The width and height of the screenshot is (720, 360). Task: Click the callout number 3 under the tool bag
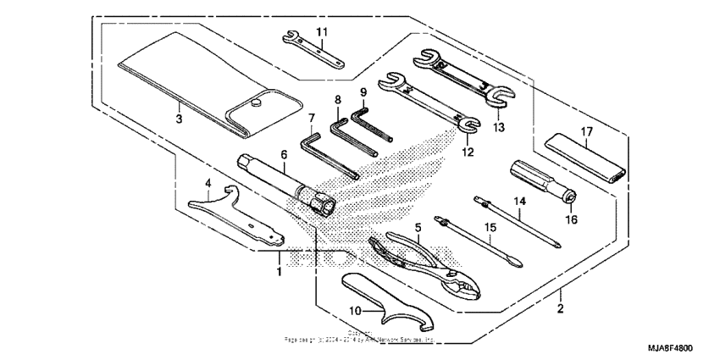click(179, 119)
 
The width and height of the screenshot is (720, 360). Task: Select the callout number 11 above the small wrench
click(321, 31)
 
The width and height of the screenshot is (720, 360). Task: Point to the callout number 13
click(498, 128)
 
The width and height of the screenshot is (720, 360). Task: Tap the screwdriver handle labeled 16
click(543, 181)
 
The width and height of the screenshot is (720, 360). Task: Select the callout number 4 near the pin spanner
click(208, 181)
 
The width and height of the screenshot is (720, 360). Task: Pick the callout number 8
click(337, 100)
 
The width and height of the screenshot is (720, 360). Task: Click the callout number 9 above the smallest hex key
click(363, 91)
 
